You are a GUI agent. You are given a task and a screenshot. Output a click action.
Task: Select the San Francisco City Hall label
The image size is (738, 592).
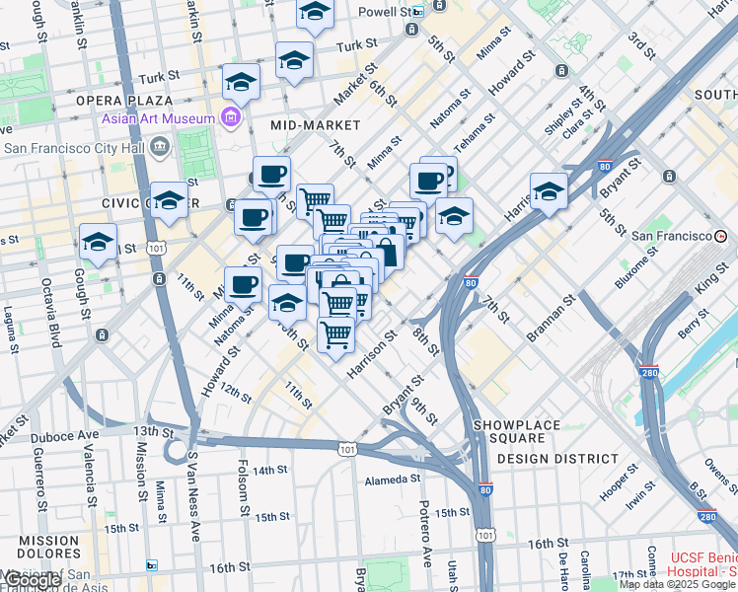[x=75, y=148]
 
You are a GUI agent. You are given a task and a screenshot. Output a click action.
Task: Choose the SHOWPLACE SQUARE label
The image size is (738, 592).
[x=522, y=424]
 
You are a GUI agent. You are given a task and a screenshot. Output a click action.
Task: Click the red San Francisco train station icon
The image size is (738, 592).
[x=721, y=236]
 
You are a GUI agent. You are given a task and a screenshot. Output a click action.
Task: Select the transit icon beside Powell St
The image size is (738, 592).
[x=418, y=12]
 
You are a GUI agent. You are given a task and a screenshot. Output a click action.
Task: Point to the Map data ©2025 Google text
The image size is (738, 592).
[x=676, y=584]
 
